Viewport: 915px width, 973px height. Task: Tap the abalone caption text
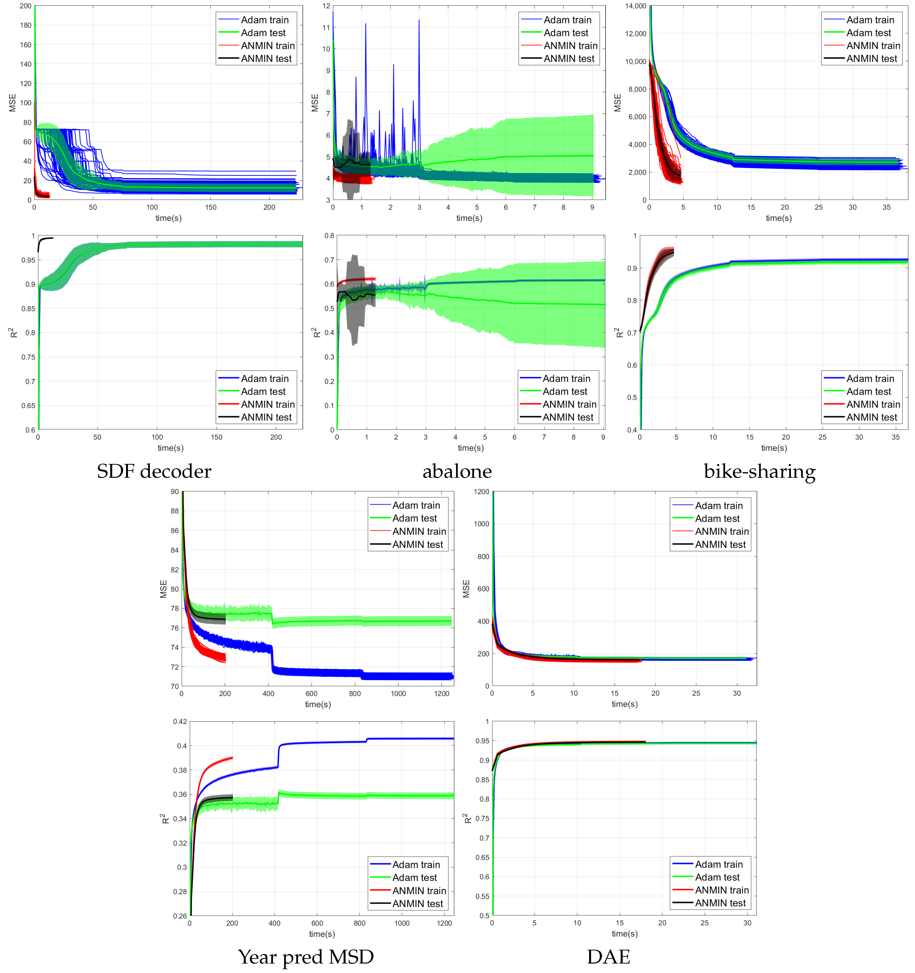pyautogui.click(x=457, y=471)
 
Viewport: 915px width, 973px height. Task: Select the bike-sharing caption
pyautogui.click(x=759, y=471)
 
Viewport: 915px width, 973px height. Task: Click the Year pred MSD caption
pyautogui.click(x=306, y=957)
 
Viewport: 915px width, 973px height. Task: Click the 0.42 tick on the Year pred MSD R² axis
pyautogui.click(x=180, y=721)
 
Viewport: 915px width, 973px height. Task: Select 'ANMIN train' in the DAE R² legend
pyautogui.click(x=722, y=890)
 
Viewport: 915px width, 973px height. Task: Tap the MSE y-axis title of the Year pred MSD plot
pyautogui.click(x=163, y=589)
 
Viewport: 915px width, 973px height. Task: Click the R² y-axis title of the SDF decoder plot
pyautogui.click(x=13, y=333)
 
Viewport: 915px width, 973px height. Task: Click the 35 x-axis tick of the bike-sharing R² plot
pyautogui.click(x=895, y=437)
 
